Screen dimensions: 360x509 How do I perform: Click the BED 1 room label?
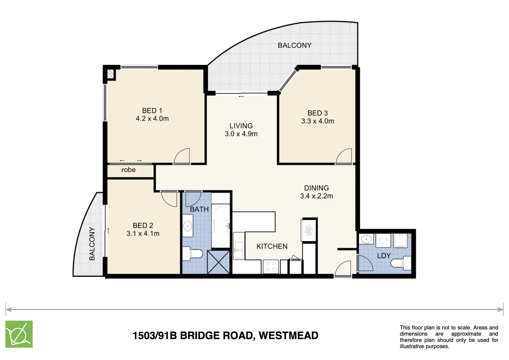tap(152, 111)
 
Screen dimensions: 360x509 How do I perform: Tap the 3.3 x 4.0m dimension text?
tap(317, 121)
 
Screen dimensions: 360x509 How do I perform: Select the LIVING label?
tap(241, 126)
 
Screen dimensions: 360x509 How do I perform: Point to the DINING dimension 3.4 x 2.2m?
tap(316, 196)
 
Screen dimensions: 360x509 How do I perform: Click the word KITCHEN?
tap(272, 246)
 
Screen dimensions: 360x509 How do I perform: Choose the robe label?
tap(128, 170)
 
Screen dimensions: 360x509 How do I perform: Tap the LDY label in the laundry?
tap(384, 256)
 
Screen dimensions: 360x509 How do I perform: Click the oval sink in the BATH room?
tap(188, 226)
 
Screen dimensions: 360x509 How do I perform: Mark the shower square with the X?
tap(218, 262)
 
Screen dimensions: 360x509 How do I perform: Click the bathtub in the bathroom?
tap(221, 226)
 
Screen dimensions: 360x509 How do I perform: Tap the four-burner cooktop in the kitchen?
tap(270, 267)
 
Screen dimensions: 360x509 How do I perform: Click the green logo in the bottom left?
tap(19, 334)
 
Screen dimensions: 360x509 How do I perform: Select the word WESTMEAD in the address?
tap(288, 335)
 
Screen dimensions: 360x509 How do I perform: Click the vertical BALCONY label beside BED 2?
tap(92, 244)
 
